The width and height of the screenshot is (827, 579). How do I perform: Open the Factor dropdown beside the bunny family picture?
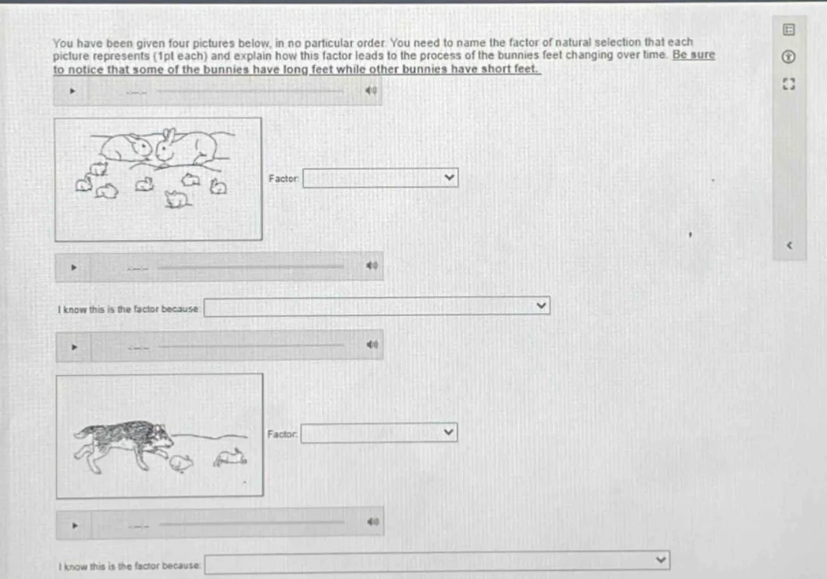tap(380, 178)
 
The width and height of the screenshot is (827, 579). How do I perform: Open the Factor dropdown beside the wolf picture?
tap(378, 433)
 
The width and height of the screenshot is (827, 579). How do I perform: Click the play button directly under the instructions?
tap(72, 91)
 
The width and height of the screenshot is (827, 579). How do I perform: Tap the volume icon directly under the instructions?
tap(371, 91)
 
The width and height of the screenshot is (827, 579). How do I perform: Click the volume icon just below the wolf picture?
tap(373, 521)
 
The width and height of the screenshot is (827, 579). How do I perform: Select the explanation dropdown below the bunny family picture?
tap(376, 306)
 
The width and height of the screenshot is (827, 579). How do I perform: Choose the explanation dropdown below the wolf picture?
tap(437, 562)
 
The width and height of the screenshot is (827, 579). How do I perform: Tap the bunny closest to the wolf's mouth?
tap(181, 463)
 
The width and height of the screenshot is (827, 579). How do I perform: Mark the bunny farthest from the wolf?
tap(230, 457)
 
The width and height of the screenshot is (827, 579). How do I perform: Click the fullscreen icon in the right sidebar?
tap(789, 84)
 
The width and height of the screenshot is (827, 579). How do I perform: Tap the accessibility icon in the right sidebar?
tap(789, 56)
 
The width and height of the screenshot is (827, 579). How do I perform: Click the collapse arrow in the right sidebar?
tap(789, 246)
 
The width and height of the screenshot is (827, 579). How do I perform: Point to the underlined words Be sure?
tap(693, 55)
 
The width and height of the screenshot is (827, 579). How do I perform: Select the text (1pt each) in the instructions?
tap(180, 56)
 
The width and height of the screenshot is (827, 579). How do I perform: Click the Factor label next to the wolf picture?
tap(282, 434)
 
